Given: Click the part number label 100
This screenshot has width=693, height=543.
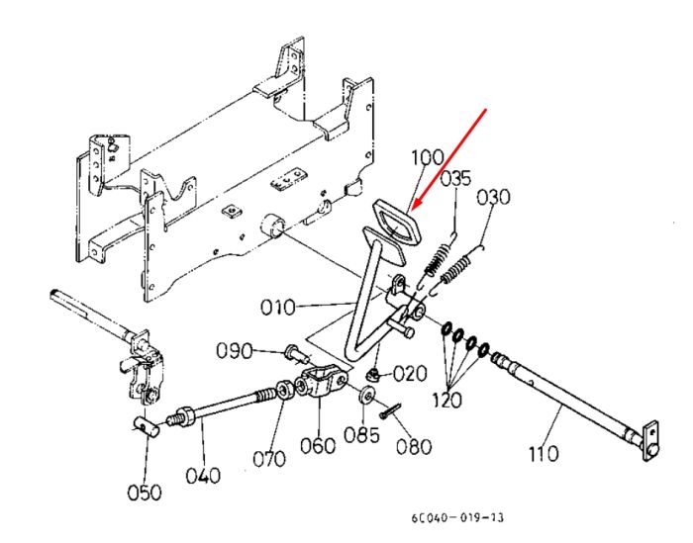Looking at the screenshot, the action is [428, 157].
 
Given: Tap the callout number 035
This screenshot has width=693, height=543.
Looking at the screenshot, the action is [456, 179].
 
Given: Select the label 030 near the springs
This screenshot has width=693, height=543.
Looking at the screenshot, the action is [493, 197].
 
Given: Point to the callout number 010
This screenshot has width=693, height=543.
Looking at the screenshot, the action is [277, 308].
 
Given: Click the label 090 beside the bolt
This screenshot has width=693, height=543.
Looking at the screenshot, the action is [235, 351].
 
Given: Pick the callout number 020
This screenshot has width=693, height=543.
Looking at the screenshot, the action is [410, 374].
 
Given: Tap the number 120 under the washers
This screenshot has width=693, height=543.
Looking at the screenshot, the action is [446, 400].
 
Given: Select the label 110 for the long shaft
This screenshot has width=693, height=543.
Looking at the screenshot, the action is [544, 453].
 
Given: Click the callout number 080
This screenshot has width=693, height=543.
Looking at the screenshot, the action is [414, 447].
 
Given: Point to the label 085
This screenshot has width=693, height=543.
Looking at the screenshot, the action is [362, 435].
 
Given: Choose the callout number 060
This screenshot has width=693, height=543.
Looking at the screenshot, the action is [318, 445].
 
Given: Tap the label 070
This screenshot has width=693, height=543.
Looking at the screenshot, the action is [269, 459].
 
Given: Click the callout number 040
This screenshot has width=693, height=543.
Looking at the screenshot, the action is [203, 476].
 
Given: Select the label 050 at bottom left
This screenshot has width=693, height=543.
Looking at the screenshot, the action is [145, 493].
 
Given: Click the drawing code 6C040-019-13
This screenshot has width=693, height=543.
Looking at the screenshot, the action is [457, 517].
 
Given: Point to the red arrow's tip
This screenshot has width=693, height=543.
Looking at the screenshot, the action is [410, 211].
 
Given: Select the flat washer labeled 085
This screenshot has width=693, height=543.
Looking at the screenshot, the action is [367, 396].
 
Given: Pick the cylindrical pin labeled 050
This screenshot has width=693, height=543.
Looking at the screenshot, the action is [146, 427].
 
